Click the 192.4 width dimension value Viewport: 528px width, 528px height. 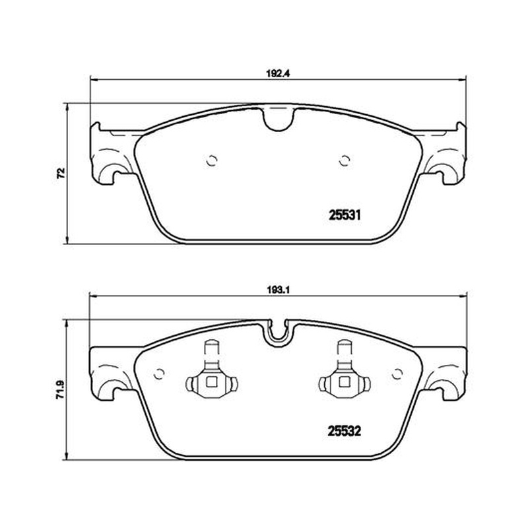[278, 74]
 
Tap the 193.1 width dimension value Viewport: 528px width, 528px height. [279, 290]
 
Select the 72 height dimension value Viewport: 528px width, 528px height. [61, 174]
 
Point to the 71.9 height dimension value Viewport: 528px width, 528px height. [60, 390]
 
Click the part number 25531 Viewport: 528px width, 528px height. [345, 215]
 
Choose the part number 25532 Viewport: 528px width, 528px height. [345, 431]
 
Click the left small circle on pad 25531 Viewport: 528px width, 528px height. [212, 160]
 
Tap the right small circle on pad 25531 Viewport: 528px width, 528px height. [344, 160]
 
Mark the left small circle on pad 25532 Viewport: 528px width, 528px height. [159, 374]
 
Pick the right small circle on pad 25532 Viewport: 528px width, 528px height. [397, 374]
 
